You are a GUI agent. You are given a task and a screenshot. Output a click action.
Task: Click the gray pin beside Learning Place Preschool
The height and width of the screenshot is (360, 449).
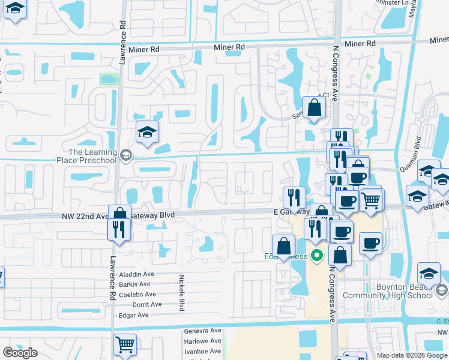[125, 156]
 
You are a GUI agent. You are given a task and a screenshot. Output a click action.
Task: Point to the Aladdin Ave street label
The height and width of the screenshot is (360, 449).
[137, 274]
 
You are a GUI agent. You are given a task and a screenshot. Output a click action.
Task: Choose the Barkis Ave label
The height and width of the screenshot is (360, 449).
[135, 284]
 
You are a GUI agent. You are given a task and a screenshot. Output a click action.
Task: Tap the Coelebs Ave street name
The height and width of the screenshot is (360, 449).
[137, 294]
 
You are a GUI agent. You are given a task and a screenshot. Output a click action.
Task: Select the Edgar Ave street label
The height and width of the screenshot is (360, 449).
[134, 314]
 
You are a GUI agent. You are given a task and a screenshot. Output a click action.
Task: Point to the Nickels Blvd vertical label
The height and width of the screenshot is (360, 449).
[181, 293]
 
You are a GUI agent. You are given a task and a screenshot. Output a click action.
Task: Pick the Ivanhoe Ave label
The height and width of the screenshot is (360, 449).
[202, 350]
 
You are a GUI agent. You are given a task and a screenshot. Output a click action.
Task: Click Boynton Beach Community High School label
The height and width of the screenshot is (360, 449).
[388, 291]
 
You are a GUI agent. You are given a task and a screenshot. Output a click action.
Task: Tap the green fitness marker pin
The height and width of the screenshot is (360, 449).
[318, 256]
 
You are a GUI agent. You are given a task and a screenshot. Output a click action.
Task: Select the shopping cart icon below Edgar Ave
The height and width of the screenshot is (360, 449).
[125, 344]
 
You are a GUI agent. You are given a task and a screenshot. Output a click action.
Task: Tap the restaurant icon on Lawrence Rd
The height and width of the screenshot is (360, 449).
[118, 229]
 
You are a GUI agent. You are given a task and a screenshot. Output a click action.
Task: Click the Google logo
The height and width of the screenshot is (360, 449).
[20, 353]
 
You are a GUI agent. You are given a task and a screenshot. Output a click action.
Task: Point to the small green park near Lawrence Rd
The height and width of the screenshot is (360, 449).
[109, 79]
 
